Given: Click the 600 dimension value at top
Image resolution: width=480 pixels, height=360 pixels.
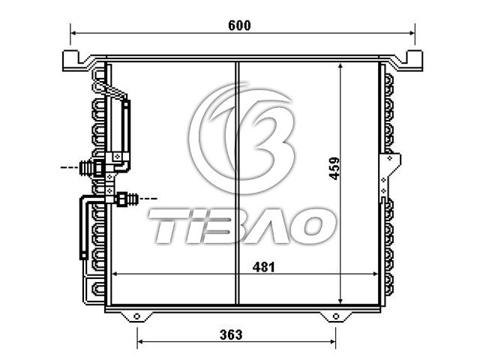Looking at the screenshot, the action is [239, 25].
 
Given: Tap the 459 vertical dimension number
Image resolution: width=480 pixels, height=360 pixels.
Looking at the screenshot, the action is [334, 168].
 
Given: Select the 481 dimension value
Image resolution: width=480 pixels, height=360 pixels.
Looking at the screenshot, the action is [263, 267].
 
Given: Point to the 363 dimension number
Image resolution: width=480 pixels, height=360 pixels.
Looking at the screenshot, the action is [231, 334].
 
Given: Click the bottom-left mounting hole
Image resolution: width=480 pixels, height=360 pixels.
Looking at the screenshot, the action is [136, 316].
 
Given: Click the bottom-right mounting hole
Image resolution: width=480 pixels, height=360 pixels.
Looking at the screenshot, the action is [336, 316].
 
